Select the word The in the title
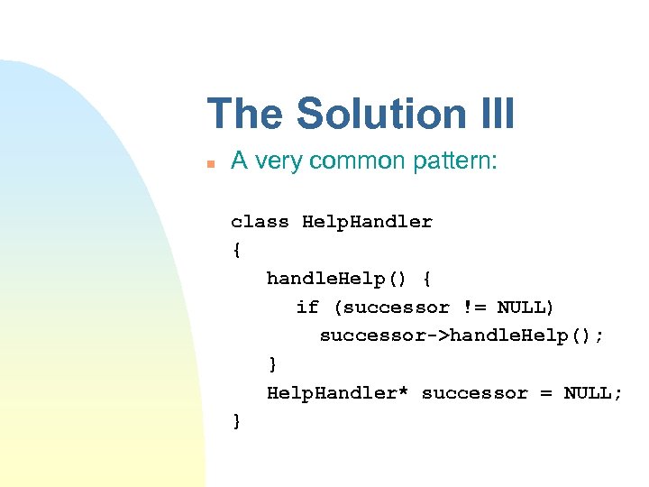tap(246, 115)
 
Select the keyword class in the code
tap(260, 222)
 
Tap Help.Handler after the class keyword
tap(367, 222)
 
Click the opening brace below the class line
tap(236, 251)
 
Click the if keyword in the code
tap(307, 308)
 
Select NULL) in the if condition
tap(526, 308)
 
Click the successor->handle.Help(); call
tap(462, 336)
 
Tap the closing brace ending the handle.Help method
tap(272, 364)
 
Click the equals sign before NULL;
tap(544, 393)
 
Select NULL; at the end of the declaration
tap(592, 393)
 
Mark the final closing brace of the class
tap(236, 421)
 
